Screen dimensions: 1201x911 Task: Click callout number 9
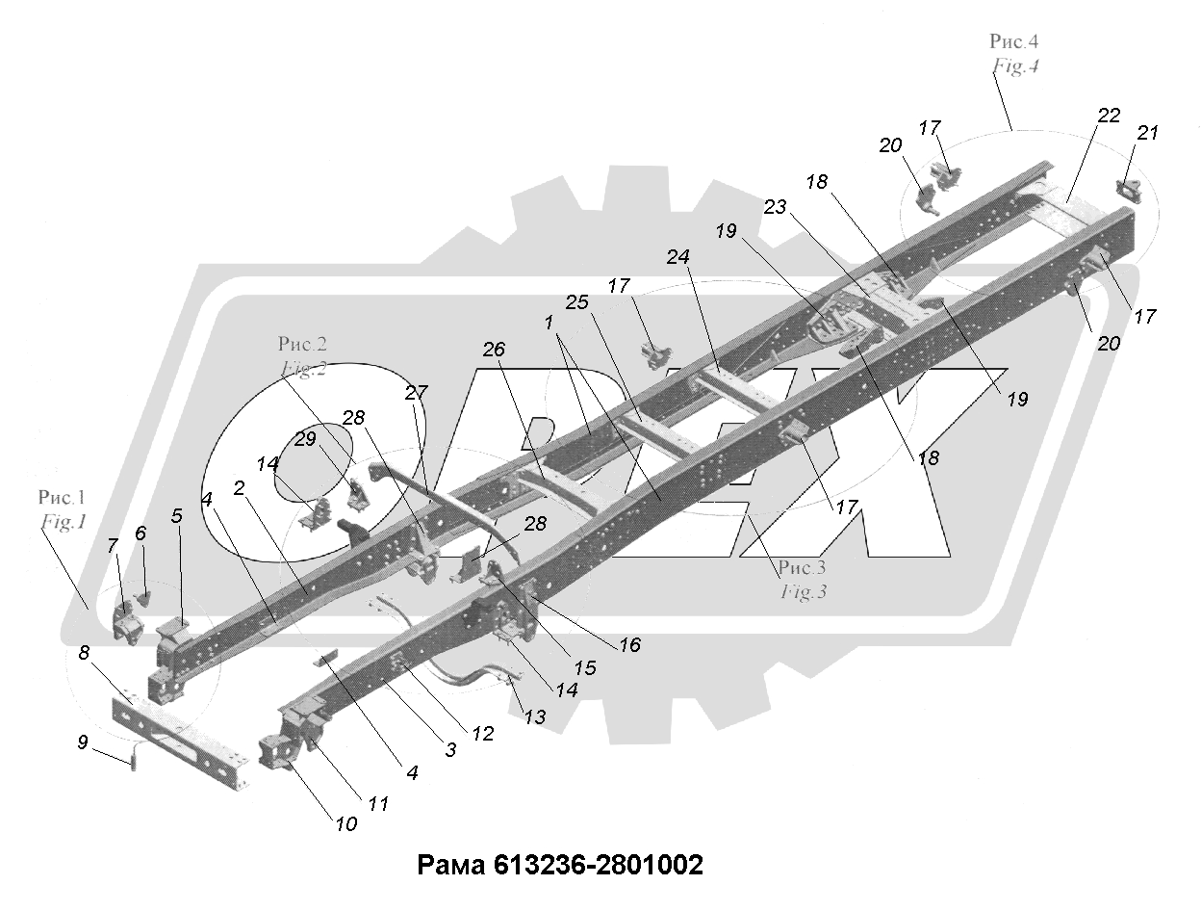click(x=83, y=742)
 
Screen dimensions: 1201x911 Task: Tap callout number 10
click(x=346, y=824)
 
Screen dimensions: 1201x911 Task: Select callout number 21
click(x=1147, y=133)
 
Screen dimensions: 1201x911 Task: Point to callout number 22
click(x=1109, y=115)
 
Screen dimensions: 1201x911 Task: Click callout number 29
click(x=305, y=438)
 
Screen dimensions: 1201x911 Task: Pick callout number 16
click(x=629, y=645)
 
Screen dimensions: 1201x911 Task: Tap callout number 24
click(x=677, y=257)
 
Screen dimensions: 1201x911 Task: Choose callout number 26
click(x=494, y=350)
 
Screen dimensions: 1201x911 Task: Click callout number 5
click(x=177, y=516)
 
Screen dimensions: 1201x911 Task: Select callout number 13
click(x=534, y=717)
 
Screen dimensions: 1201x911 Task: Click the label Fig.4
click(x=1015, y=66)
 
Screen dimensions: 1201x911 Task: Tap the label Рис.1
click(x=62, y=497)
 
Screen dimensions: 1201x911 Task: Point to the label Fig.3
click(x=804, y=592)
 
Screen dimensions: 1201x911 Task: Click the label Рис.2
click(x=302, y=344)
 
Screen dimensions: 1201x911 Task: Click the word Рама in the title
click(x=451, y=866)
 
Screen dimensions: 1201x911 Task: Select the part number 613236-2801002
click(x=598, y=865)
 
